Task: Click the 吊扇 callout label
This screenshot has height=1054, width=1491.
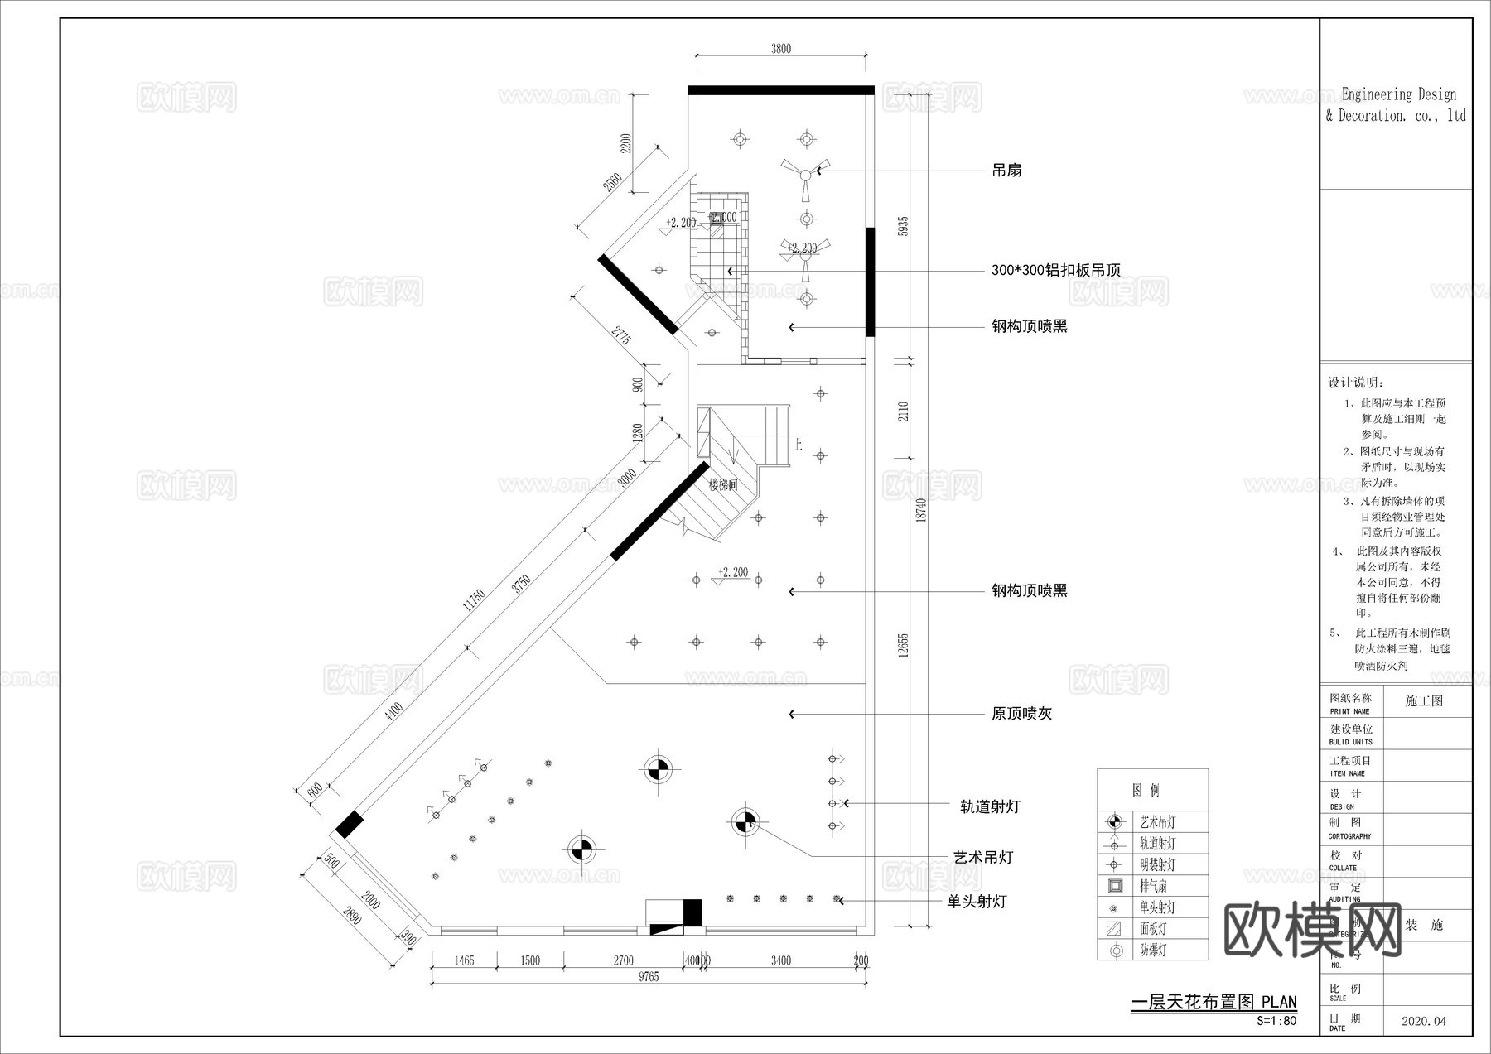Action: pyautogui.click(x=1006, y=171)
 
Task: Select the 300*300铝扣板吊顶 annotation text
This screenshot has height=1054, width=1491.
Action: pyautogui.click(x=1055, y=271)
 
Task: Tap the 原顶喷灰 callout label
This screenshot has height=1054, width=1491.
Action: pyautogui.click(x=1021, y=714)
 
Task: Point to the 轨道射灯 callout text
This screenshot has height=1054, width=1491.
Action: pyautogui.click(x=990, y=806)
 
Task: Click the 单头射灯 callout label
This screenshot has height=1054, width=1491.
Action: pyautogui.click(x=977, y=902)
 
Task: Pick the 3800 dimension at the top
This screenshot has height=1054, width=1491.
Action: pyautogui.click(x=781, y=49)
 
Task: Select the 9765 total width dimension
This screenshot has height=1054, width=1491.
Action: pyautogui.click(x=649, y=977)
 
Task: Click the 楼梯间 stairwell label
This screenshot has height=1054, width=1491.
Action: pyautogui.click(x=723, y=486)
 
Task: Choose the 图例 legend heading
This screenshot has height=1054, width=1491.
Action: pyautogui.click(x=1146, y=791)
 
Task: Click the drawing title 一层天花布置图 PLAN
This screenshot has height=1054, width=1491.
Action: pyautogui.click(x=1214, y=1003)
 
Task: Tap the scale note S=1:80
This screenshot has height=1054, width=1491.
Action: pyautogui.click(x=1276, y=1021)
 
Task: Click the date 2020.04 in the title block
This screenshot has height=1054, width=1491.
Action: pyautogui.click(x=1424, y=1022)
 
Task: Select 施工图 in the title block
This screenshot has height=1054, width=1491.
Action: pyautogui.click(x=1424, y=701)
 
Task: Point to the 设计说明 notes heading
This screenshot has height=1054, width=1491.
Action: pyautogui.click(x=1356, y=383)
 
